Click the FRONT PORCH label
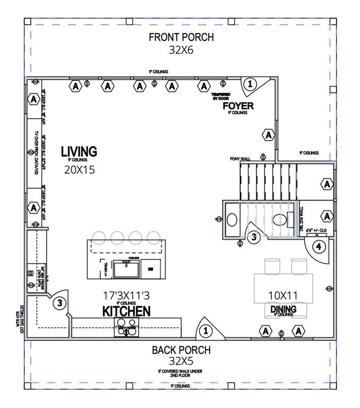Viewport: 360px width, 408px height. coord(181,37)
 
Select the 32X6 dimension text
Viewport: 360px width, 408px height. coord(181,50)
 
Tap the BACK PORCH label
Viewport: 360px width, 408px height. coord(181,350)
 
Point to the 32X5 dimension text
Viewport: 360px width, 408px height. coord(181,362)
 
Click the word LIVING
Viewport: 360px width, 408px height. coord(79,151)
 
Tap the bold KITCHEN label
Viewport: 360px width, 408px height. coord(126,311)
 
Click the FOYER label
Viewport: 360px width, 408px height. coord(237,106)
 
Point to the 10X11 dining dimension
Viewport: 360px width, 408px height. coord(282,295)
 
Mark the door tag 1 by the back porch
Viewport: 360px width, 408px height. coord(205,331)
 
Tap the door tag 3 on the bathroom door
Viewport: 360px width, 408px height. coord(254,237)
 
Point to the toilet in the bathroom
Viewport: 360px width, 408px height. coord(279,219)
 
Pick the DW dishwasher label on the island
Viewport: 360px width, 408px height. coord(151,269)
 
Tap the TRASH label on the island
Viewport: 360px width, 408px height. coord(106,269)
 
